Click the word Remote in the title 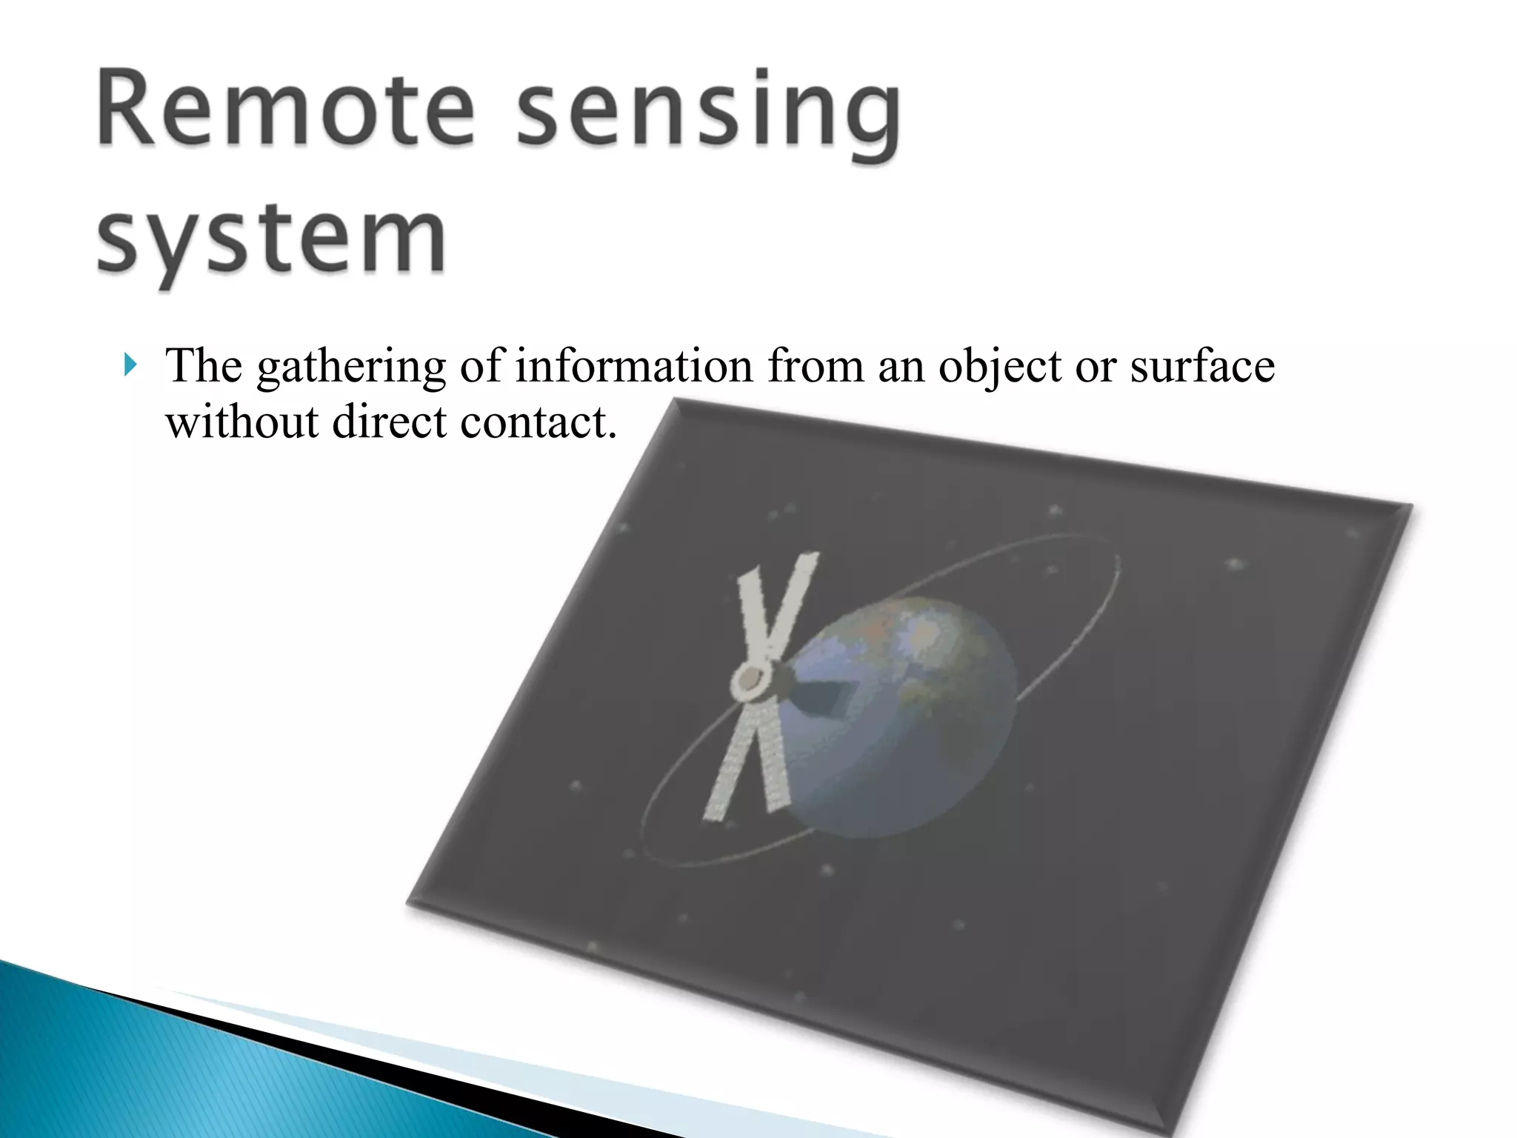(x=285, y=109)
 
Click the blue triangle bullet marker (x=130, y=365)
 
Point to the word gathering (x=351, y=367)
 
